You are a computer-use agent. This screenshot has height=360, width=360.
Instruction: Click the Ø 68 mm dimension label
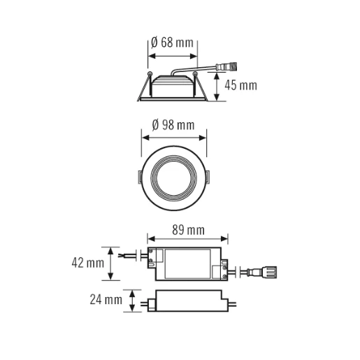(x=172, y=43)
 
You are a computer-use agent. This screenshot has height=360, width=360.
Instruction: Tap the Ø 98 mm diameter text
(x=173, y=125)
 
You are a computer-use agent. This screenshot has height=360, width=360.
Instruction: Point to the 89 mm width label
(x=187, y=229)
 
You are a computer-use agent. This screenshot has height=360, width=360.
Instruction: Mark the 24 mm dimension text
(x=105, y=301)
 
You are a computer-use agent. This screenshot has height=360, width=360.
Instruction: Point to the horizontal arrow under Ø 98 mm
(x=175, y=137)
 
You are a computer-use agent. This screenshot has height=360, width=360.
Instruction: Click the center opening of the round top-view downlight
(x=175, y=175)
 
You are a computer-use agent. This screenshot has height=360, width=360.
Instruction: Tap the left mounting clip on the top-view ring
(x=140, y=174)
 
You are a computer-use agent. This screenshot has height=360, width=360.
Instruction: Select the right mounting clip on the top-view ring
(x=210, y=174)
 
